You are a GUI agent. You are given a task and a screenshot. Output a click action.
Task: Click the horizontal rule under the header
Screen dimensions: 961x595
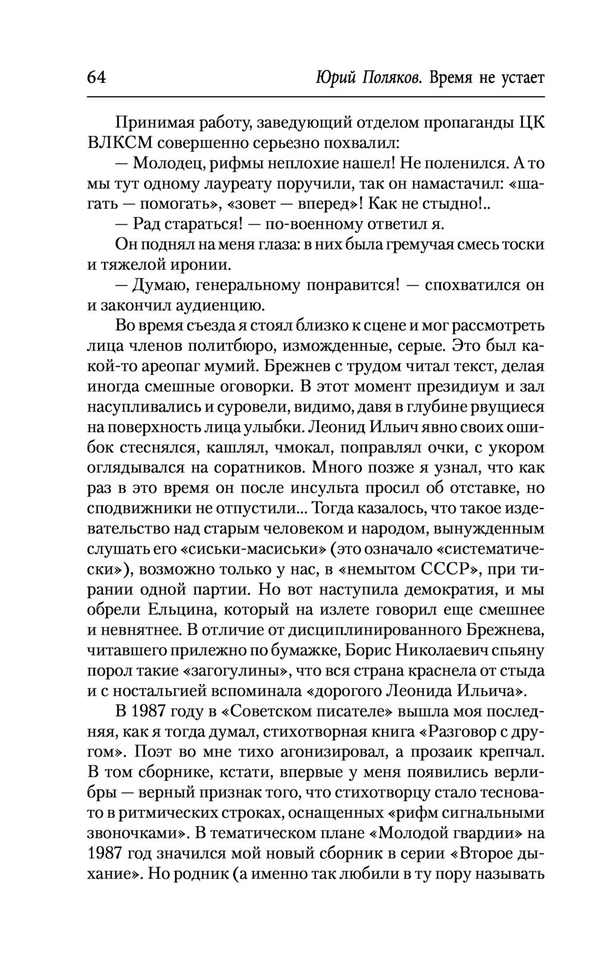(315, 97)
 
